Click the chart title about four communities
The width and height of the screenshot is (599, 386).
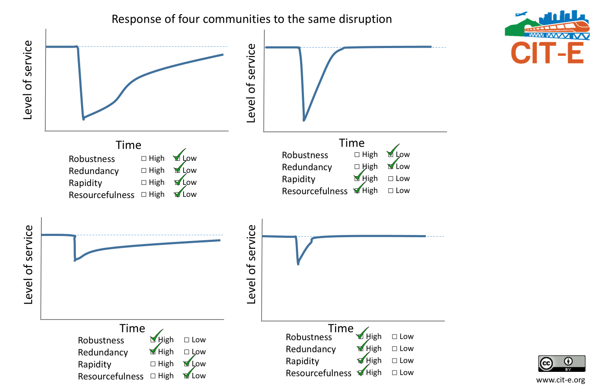click(252, 19)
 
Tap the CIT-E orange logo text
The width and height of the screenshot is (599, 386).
click(547, 53)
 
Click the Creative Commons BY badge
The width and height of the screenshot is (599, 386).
click(562, 363)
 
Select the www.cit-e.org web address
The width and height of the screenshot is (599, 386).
click(560, 380)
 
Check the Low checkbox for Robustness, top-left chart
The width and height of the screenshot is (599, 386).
click(177, 158)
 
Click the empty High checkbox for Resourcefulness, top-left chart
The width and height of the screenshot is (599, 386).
click(144, 194)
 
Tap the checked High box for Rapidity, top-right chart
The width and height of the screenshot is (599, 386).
click(357, 178)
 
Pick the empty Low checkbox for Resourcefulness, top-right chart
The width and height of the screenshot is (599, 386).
click(391, 190)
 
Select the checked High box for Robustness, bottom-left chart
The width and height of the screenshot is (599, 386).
click(154, 340)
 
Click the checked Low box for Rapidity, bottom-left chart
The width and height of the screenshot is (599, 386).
click(187, 364)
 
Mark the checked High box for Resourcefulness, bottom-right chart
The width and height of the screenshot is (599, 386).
click(361, 373)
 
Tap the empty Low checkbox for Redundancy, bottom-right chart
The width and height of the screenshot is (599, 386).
click(395, 349)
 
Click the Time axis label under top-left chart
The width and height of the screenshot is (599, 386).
click(128, 145)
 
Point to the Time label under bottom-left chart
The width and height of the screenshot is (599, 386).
click(132, 329)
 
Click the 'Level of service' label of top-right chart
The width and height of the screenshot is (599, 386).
click(251, 83)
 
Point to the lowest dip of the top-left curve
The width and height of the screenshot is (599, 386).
click(84, 118)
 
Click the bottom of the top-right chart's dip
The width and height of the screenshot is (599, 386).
click(304, 120)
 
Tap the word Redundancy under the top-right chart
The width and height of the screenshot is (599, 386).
click(307, 167)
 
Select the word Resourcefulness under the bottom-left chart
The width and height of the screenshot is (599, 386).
click(111, 377)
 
